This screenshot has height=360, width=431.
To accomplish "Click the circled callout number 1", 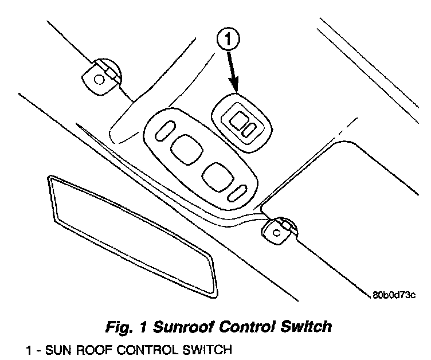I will (x=228, y=40).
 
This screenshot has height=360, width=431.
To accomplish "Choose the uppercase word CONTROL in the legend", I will (x=139, y=350).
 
